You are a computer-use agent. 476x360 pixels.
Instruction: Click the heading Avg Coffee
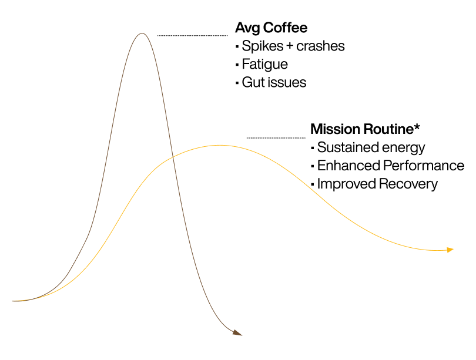(271, 28)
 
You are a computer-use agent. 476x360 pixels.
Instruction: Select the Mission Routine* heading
(365, 129)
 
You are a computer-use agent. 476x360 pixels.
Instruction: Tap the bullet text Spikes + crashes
(293, 46)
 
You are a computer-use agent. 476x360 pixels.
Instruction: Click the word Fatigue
(264, 65)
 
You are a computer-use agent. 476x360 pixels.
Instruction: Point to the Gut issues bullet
(274, 82)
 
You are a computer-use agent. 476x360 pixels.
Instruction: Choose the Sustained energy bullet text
(371, 148)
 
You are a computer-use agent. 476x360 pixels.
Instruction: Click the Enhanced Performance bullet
(391, 166)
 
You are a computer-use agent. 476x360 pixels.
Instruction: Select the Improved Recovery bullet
(377, 184)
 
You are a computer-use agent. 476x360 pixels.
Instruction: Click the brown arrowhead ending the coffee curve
(237, 333)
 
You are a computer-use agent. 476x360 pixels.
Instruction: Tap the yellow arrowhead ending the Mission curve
(450, 250)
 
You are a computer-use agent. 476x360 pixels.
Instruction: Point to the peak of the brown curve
(142, 33)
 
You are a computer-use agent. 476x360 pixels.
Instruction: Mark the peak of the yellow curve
(220, 146)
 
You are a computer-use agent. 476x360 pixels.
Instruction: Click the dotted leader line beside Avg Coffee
(193, 35)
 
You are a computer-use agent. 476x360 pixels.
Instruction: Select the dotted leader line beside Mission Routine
(276, 137)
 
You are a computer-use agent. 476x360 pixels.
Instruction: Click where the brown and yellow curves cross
(172, 157)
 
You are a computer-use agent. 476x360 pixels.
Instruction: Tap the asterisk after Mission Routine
(417, 126)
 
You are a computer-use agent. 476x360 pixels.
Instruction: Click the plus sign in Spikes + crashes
(290, 46)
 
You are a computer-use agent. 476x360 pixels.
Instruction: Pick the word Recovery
(408, 184)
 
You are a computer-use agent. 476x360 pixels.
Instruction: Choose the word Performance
(424, 166)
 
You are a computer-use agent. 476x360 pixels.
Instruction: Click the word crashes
(321, 46)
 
